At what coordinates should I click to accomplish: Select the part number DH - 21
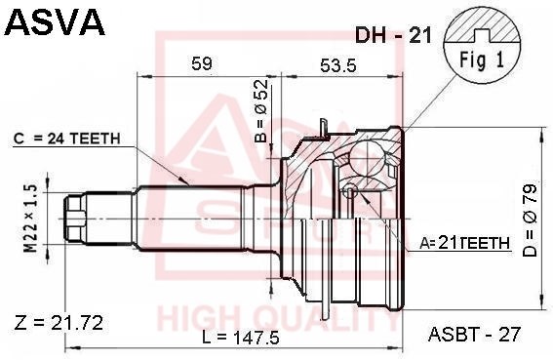(393, 35)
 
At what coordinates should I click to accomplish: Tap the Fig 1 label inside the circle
(482, 60)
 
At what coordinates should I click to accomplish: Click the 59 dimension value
(202, 63)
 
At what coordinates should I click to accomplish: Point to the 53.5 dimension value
(338, 65)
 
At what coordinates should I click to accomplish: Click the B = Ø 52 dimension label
(262, 110)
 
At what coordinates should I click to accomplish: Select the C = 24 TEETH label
(67, 139)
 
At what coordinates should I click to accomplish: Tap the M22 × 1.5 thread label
(30, 220)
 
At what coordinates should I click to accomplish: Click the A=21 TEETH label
(465, 243)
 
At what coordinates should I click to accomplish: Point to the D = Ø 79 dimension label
(530, 220)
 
